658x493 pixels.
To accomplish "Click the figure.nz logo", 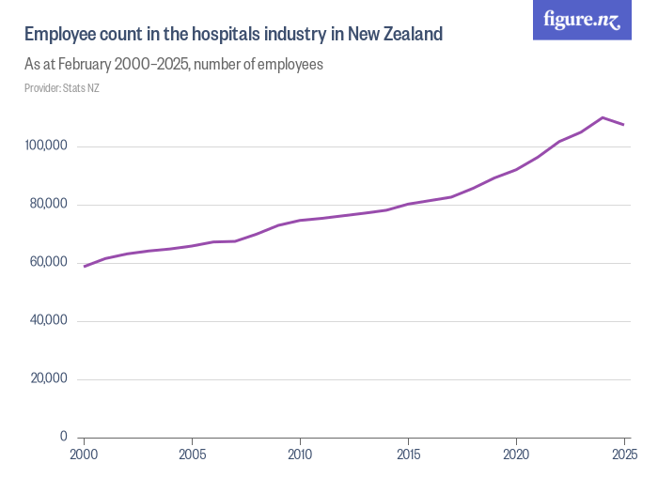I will pyautogui.click(x=582, y=20).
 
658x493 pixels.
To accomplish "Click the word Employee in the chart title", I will pyautogui.click(x=59, y=35).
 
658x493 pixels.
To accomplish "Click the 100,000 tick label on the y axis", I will pyautogui.click(x=45, y=146).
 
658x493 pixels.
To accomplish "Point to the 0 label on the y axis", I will pyautogui.click(x=63, y=437).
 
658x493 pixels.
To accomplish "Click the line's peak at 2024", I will pyautogui.click(x=603, y=117).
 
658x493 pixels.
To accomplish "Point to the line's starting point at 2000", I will pyautogui.click(x=85, y=267).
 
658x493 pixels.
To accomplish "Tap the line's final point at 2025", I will pyautogui.click(x=624, y=125).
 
